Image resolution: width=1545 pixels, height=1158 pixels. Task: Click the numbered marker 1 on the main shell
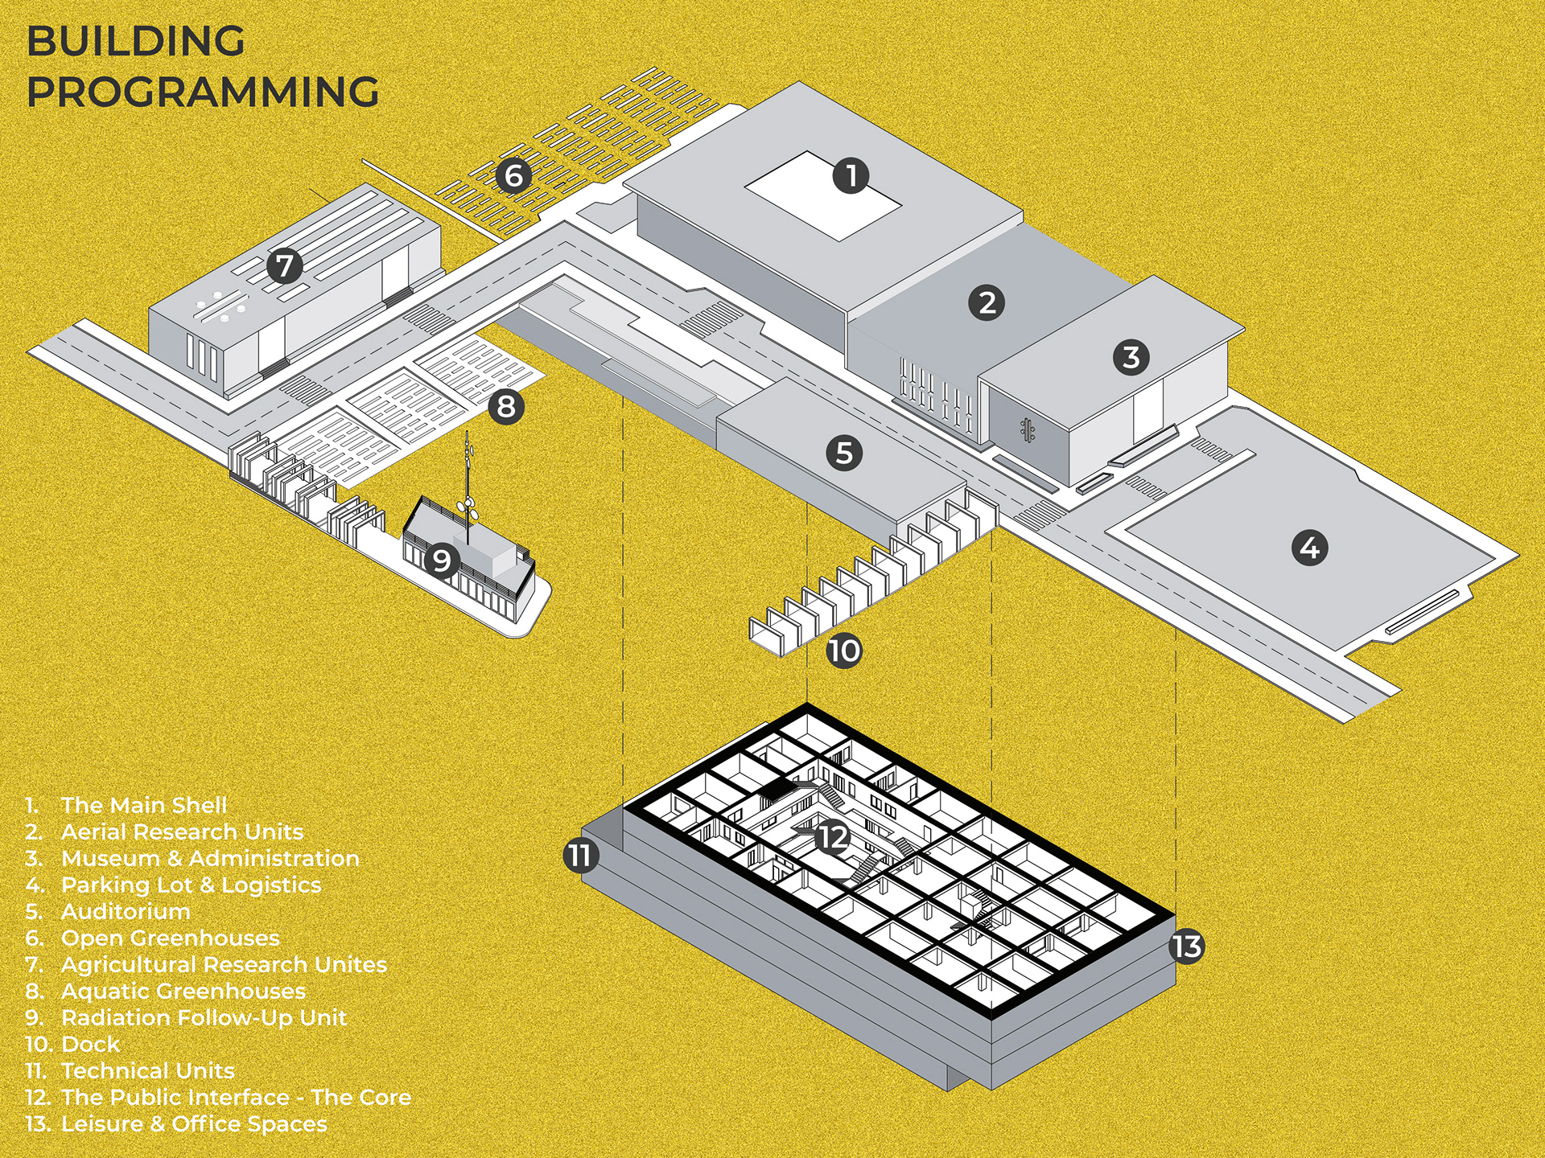click(x=851, y=175)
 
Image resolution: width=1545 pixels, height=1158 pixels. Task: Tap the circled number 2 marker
click(x=987, y=302)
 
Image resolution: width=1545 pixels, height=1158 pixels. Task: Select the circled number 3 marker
click(x=1131, y=357)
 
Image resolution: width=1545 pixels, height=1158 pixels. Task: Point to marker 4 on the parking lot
click(x=1309, y=548)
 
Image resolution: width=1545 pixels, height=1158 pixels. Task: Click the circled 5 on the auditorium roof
click(x=844, y=453)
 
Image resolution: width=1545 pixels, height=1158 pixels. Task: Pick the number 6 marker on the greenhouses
click(x=513, y=175)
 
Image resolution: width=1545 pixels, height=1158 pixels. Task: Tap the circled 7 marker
click(x=284, y=265)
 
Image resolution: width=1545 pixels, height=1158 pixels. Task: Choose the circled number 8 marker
click(x=505, y=406)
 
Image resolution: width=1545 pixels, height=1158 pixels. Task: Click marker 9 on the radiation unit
click(x=441, y=560)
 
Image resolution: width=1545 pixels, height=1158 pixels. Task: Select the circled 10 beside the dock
click(x=844, y=650)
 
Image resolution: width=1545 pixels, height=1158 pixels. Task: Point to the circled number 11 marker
click(x=580, y=855)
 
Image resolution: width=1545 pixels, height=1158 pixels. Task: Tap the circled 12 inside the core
click(x=832, y=837)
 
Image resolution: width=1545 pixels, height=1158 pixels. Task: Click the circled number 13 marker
click(x=1187, y=947)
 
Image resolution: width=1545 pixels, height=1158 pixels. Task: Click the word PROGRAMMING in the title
click(x=203, y=92)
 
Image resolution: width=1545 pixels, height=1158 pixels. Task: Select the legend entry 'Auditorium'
click(x=126, y=911)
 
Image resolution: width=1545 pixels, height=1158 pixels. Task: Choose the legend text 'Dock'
click(x=90, y=1044)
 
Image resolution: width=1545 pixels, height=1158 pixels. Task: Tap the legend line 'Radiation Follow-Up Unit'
click(x=204, y=1017)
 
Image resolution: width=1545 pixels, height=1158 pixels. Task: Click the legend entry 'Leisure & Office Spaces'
click(x=194, y=1123)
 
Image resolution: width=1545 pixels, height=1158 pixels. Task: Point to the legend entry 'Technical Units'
click(x=148, y=1070)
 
